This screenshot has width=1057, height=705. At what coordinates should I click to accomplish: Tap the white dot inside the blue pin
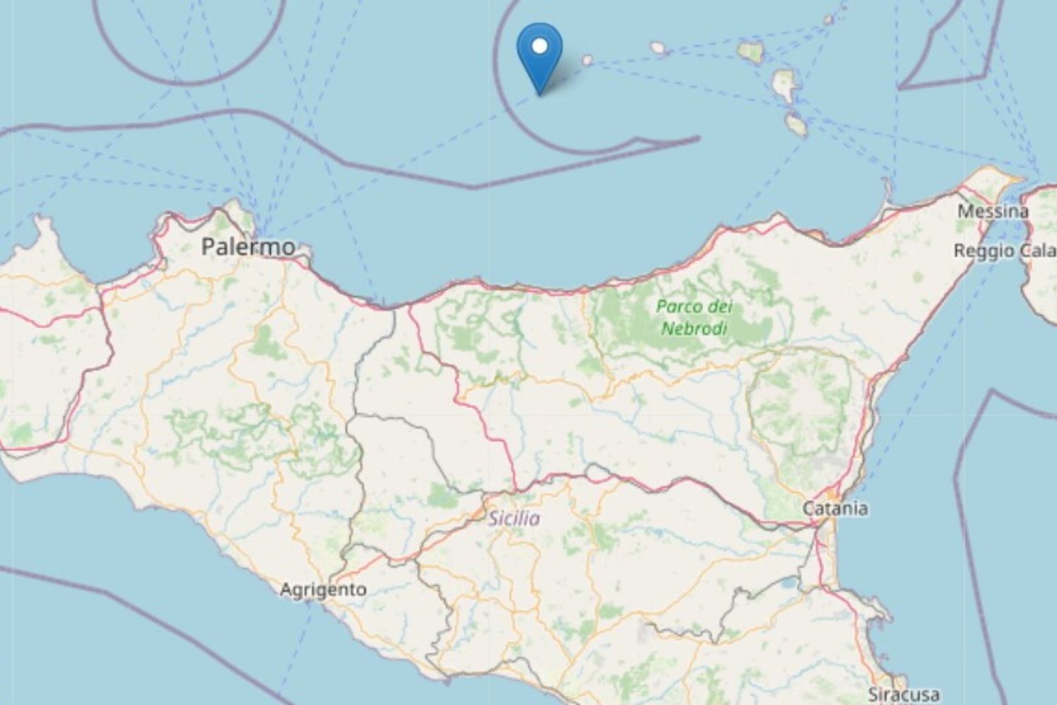pos(540,47)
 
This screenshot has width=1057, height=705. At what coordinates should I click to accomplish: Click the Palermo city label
pos(248,247)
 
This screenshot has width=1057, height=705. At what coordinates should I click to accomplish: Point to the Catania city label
pos(836,508)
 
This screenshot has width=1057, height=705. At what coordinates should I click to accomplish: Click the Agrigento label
pos(323,589)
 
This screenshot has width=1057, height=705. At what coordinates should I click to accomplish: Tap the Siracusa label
pos(903,694)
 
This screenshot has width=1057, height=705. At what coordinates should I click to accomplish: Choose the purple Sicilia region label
pos(514,518)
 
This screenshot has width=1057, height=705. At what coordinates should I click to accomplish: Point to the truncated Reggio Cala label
pos(1004,251)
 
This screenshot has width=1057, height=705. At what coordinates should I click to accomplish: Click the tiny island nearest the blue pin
pos(587,61)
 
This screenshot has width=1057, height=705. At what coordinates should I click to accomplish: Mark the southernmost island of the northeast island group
pos(797,125)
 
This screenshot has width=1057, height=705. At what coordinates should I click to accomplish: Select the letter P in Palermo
pos(209,247)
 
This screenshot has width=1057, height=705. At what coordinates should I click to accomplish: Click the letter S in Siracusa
pos(874,694)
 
